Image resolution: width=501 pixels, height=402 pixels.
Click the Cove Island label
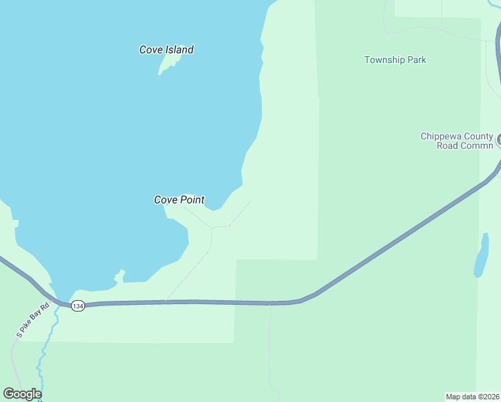166,50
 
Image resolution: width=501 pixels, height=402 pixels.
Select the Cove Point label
179,200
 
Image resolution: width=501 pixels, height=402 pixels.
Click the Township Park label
395,60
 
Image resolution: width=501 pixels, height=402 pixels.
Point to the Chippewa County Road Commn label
457,141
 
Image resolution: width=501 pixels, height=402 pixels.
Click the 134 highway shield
78,306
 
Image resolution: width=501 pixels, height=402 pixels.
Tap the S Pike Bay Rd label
33,321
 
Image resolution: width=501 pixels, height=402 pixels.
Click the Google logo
22,394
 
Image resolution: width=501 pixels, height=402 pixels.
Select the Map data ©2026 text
472,397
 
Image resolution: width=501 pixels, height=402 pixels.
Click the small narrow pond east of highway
480,256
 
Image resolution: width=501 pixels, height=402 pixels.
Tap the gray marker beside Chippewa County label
499,141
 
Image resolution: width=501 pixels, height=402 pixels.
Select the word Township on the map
384,60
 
